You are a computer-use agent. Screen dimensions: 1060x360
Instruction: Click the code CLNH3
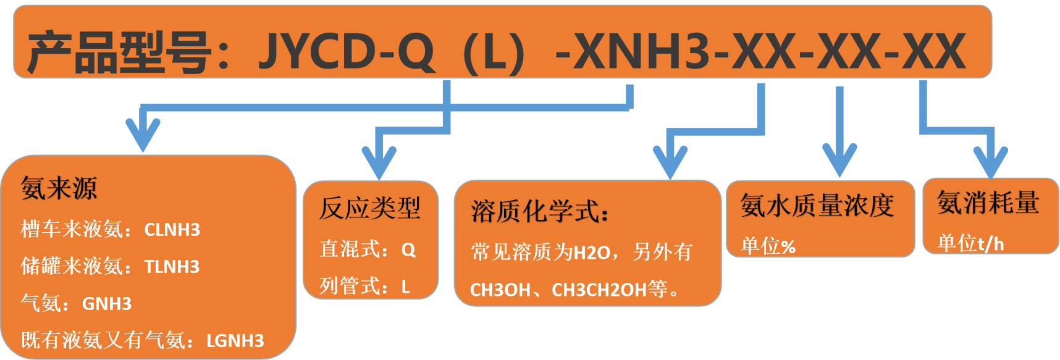click(x=172, y=230)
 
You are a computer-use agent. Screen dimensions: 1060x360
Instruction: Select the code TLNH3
click(x=172, y=267)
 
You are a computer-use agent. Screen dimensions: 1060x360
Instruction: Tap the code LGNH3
click(x=235, y=341)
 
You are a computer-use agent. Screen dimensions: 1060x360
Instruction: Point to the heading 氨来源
click(x=59, y=188)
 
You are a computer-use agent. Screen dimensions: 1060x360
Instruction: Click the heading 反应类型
click(x=370, y=208)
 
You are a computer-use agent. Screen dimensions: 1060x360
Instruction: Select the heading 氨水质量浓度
click(x=817, y=206)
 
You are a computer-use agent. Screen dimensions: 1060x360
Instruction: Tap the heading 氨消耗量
click(x=988, y=203)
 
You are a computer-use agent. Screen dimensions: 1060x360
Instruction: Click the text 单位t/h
click(x=970, y=243)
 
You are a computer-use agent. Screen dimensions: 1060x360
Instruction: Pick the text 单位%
click(x=768, y=246)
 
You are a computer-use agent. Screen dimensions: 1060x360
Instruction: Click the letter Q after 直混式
click(x=408, y=249)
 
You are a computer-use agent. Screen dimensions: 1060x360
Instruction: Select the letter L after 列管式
click(x=406, y=287)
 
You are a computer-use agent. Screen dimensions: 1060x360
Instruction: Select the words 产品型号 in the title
click(x=120, y=52)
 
